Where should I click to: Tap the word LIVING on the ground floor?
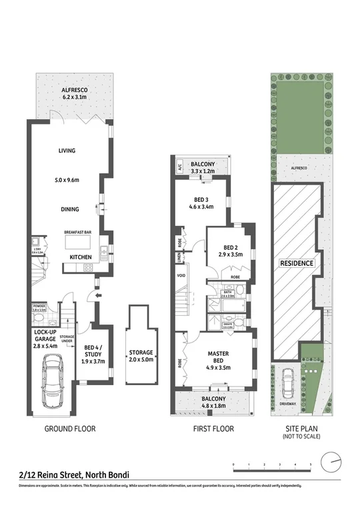click(67, 151)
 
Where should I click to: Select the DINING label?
click(70, 209)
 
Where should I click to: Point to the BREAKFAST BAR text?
click(77, 232)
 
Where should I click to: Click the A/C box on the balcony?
click(179, 167)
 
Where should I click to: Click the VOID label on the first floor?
click(181, 275)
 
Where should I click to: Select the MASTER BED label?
click(218, 357)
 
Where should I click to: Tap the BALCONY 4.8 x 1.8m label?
click(213, 402)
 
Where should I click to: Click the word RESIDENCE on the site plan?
click(296, 263)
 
